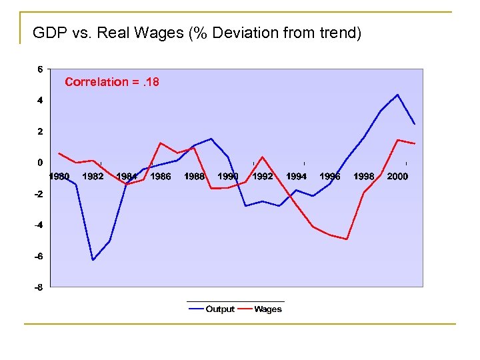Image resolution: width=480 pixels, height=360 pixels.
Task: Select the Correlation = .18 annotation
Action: click(x=111, y=82)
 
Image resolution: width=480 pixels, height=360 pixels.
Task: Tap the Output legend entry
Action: click(x=219, y=309)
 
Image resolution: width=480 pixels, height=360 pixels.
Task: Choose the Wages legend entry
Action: click(x=268, y=309)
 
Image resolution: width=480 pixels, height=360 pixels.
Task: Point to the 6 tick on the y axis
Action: click(x=41, y=69)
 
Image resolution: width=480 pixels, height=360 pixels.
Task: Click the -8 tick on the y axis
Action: click(x=40, y=287)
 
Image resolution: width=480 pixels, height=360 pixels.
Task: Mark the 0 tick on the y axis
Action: click(x=41, y=163)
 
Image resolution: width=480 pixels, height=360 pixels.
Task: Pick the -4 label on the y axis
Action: click(x=40, y=225)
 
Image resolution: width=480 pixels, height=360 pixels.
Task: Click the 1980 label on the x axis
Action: click(x=59, y=177)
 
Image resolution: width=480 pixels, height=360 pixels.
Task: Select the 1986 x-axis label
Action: click(x=160, y=177)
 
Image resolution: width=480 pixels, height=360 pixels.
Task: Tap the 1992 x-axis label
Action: click(x=262, y=177)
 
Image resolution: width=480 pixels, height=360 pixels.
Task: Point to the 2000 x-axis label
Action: click(x=397, y=177)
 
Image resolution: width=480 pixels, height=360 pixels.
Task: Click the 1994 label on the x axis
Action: click(x=296, y=177)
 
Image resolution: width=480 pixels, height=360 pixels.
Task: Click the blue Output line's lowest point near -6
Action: click(x=93, y=259)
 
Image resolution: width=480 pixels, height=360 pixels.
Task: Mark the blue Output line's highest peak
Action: click(x=397, y=95)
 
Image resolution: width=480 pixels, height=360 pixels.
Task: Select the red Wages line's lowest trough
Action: click(x=347, y=239)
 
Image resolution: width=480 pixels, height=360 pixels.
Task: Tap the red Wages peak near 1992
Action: click(x=262, y=157)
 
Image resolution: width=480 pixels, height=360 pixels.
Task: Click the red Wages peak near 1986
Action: click(x=161, y=143)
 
